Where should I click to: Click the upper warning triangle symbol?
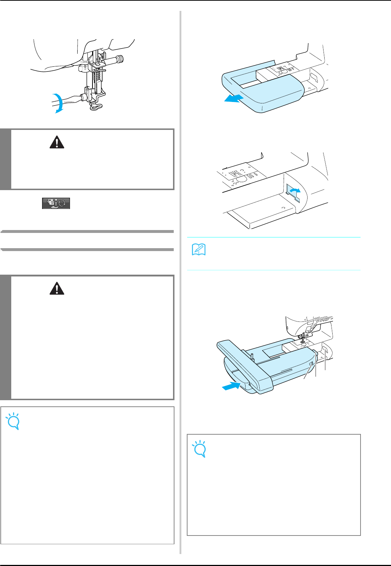[57, 143]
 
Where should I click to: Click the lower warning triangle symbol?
[57, 289]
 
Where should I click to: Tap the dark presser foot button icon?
[56, 203]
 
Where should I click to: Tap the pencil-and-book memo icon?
[198, 250]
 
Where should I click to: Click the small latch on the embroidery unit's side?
[311, 365]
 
